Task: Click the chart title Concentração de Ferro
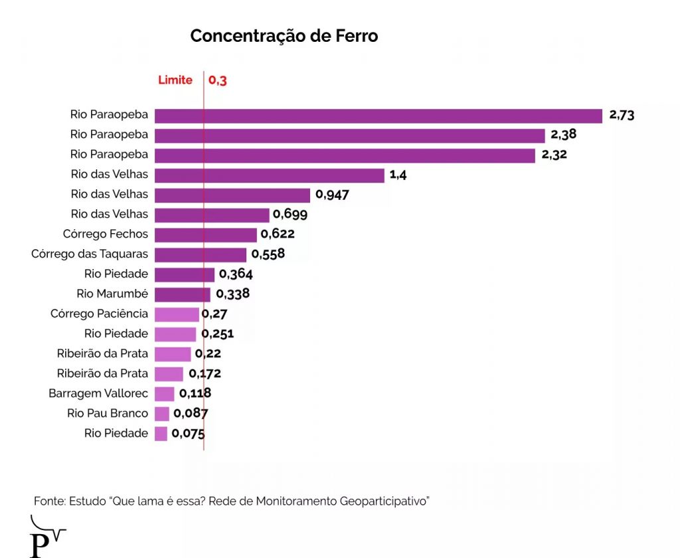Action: [284, 36]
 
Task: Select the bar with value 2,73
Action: [378, 115]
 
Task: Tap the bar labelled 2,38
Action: [349, 135]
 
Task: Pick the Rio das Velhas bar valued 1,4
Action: [269, 175]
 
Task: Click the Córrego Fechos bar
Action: [205, 234]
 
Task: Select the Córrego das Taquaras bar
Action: [200, 254]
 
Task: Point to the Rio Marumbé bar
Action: [182, 294]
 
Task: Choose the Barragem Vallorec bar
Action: [164, 394]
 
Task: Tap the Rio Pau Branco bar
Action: [161, 414]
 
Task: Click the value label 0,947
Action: [332, 195]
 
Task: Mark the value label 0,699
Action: [290, 215]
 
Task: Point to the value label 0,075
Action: [188, 434]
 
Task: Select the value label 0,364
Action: [236, 274]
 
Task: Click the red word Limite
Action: [175, 80]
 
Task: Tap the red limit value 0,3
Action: [218, 80]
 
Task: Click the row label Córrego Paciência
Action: [99, 314]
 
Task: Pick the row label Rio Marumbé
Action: [112, 294]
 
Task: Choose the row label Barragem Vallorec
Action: [98, 393]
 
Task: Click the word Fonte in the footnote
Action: [48, 501]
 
